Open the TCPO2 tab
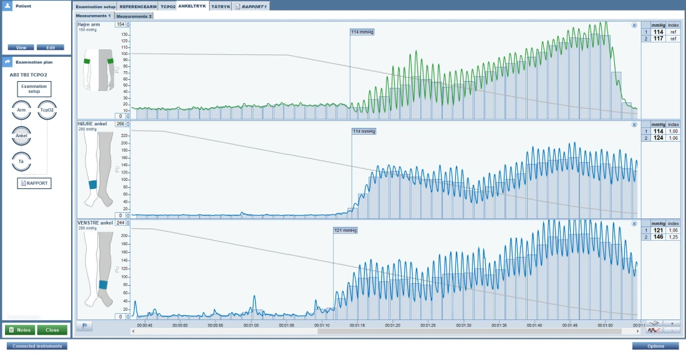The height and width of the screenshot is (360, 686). point(168,7)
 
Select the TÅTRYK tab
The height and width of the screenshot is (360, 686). point(221,7)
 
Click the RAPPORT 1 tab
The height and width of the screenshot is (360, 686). point(251,7)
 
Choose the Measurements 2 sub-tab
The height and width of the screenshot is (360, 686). point(134,16)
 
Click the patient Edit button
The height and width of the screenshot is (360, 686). point(51,47)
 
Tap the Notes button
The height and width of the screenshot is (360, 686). point(20,330)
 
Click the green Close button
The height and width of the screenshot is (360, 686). point(52,330)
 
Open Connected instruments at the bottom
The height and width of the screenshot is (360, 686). point(37,346)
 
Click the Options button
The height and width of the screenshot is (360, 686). point(655,346)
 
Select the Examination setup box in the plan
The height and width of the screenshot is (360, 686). point(34,89)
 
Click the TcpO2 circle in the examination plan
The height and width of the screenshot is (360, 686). point(47,110)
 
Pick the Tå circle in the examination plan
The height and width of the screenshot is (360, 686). point(21,161)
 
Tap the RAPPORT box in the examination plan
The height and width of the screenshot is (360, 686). point(34,183)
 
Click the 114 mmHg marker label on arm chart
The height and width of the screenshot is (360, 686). point(362,32)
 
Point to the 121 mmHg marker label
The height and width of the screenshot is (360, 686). point(345,230)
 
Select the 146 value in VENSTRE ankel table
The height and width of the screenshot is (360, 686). point(658,237)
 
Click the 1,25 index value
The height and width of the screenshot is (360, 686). point(674,237)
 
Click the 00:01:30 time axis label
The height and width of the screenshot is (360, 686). point(463,326)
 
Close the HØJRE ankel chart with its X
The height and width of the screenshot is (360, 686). point(634,125)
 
